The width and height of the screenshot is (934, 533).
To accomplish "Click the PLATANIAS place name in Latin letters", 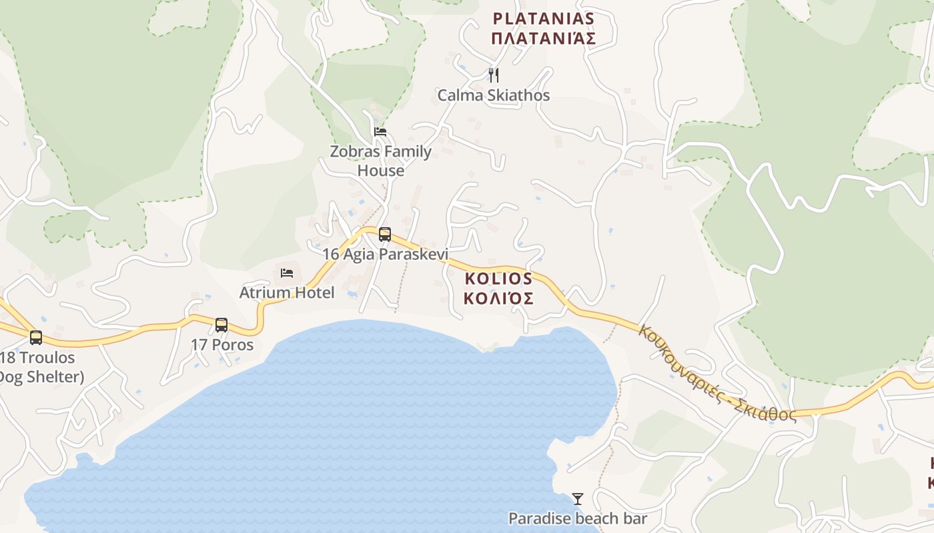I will pos(543,18).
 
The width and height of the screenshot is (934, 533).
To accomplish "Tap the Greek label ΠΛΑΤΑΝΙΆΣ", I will pos(543,39).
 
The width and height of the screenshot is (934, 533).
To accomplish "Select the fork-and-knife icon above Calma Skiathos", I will pos(494,75).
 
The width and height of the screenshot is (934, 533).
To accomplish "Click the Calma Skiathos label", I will pos(494,95).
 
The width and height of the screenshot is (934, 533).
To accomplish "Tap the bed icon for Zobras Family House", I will pos(380,131).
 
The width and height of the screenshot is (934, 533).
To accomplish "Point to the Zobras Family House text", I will pos(380,161).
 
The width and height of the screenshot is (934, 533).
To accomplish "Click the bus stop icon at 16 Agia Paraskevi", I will pos(385,234).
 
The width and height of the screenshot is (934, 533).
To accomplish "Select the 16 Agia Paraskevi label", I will pos(385,255).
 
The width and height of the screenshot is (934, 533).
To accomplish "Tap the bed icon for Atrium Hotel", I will pos(287,272).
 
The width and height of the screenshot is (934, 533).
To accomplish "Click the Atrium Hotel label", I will pos(287,292).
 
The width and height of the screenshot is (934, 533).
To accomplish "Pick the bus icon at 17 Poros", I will pos(221,325).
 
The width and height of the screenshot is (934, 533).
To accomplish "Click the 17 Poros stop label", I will pos(222,345).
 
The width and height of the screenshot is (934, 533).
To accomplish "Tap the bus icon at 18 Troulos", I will pos(36,338).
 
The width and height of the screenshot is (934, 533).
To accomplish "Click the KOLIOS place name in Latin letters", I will pos(498,278).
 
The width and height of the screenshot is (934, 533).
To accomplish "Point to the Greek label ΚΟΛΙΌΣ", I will pos(498,298).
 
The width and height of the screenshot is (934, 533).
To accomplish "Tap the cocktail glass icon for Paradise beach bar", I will pos(578,498).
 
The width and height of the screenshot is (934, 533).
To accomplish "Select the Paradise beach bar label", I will pos(578,518).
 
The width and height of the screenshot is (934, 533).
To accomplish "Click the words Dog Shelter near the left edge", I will pos(40,377).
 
